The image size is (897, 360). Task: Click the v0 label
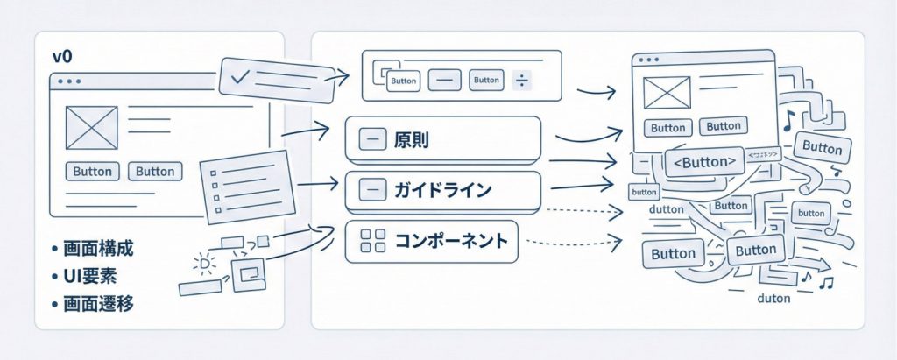click(61, 57)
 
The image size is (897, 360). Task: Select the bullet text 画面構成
click(100, 250)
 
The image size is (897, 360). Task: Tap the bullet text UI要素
click(93, 277)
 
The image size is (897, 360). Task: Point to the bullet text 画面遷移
click(100, 305)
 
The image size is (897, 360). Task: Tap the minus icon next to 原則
click(372, 140)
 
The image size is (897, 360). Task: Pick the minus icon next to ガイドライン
click(372, 189)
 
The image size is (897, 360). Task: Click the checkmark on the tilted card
click(239, 77)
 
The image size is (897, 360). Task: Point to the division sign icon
click(521, 81)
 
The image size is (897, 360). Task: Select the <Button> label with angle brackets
click(703, 162)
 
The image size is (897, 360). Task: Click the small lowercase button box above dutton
click(644, 192)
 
